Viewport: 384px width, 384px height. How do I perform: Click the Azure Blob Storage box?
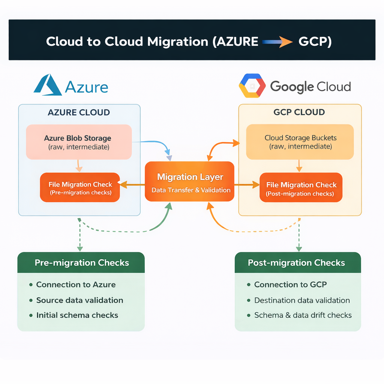tap(79, 142)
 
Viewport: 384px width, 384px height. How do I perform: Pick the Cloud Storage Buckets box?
tap(300, 142)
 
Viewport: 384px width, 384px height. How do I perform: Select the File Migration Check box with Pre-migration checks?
tap(80, 187)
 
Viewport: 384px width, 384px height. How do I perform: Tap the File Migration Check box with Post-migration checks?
tap(301, 188)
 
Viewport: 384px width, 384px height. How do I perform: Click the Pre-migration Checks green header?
tap(81, 262)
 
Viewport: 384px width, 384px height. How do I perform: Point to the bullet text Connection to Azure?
tap(76, 285)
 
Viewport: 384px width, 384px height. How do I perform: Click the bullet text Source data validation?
tap(79, 300)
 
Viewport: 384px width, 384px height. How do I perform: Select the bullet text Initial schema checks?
tap(77, 315)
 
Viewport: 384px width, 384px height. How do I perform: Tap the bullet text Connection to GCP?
tap(290, 285)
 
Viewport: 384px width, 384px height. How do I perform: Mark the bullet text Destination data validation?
tap(302, 300)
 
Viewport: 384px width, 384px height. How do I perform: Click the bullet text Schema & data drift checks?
tap(303, 315)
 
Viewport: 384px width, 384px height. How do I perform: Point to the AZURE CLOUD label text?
tap(79, 112)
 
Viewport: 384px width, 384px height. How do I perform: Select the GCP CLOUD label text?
tap(299, 112)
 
